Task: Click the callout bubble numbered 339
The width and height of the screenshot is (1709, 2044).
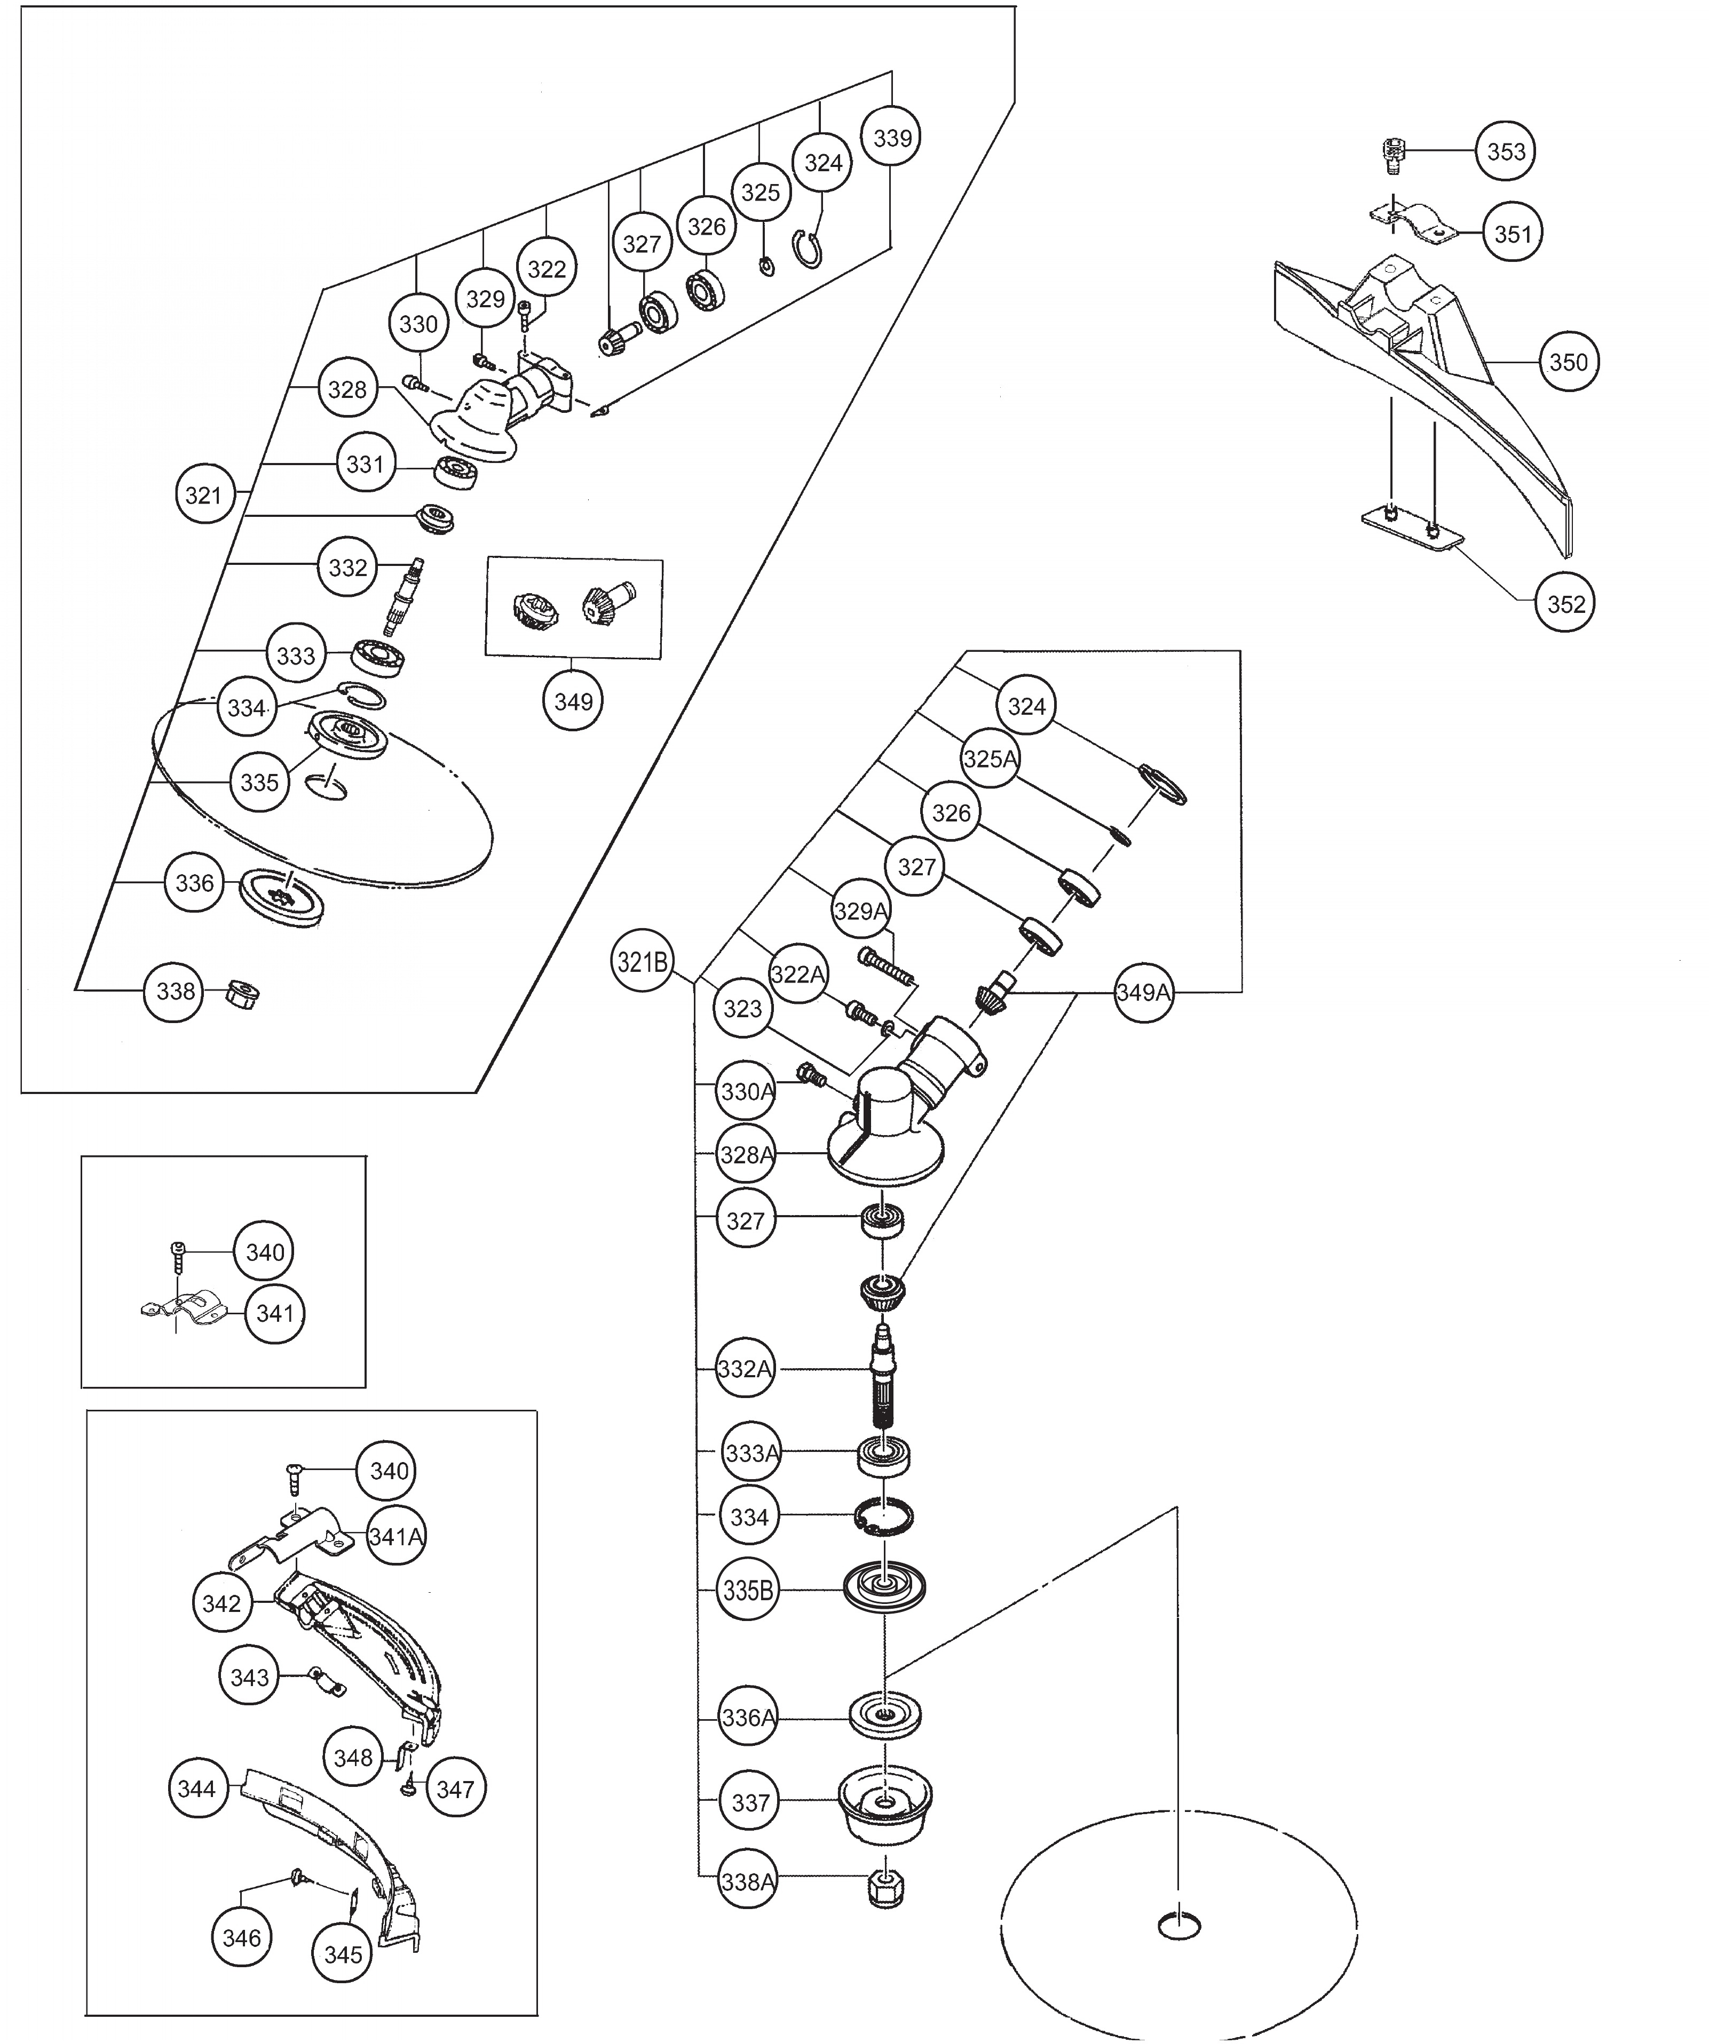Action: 892,138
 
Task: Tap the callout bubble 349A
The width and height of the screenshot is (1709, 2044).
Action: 1143,993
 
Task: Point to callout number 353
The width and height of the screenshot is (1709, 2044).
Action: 1506,152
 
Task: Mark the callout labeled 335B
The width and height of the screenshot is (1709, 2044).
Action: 748,1591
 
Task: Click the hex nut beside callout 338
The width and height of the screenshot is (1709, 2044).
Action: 241,994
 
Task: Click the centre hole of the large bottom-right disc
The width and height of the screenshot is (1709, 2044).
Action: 1179,1925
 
